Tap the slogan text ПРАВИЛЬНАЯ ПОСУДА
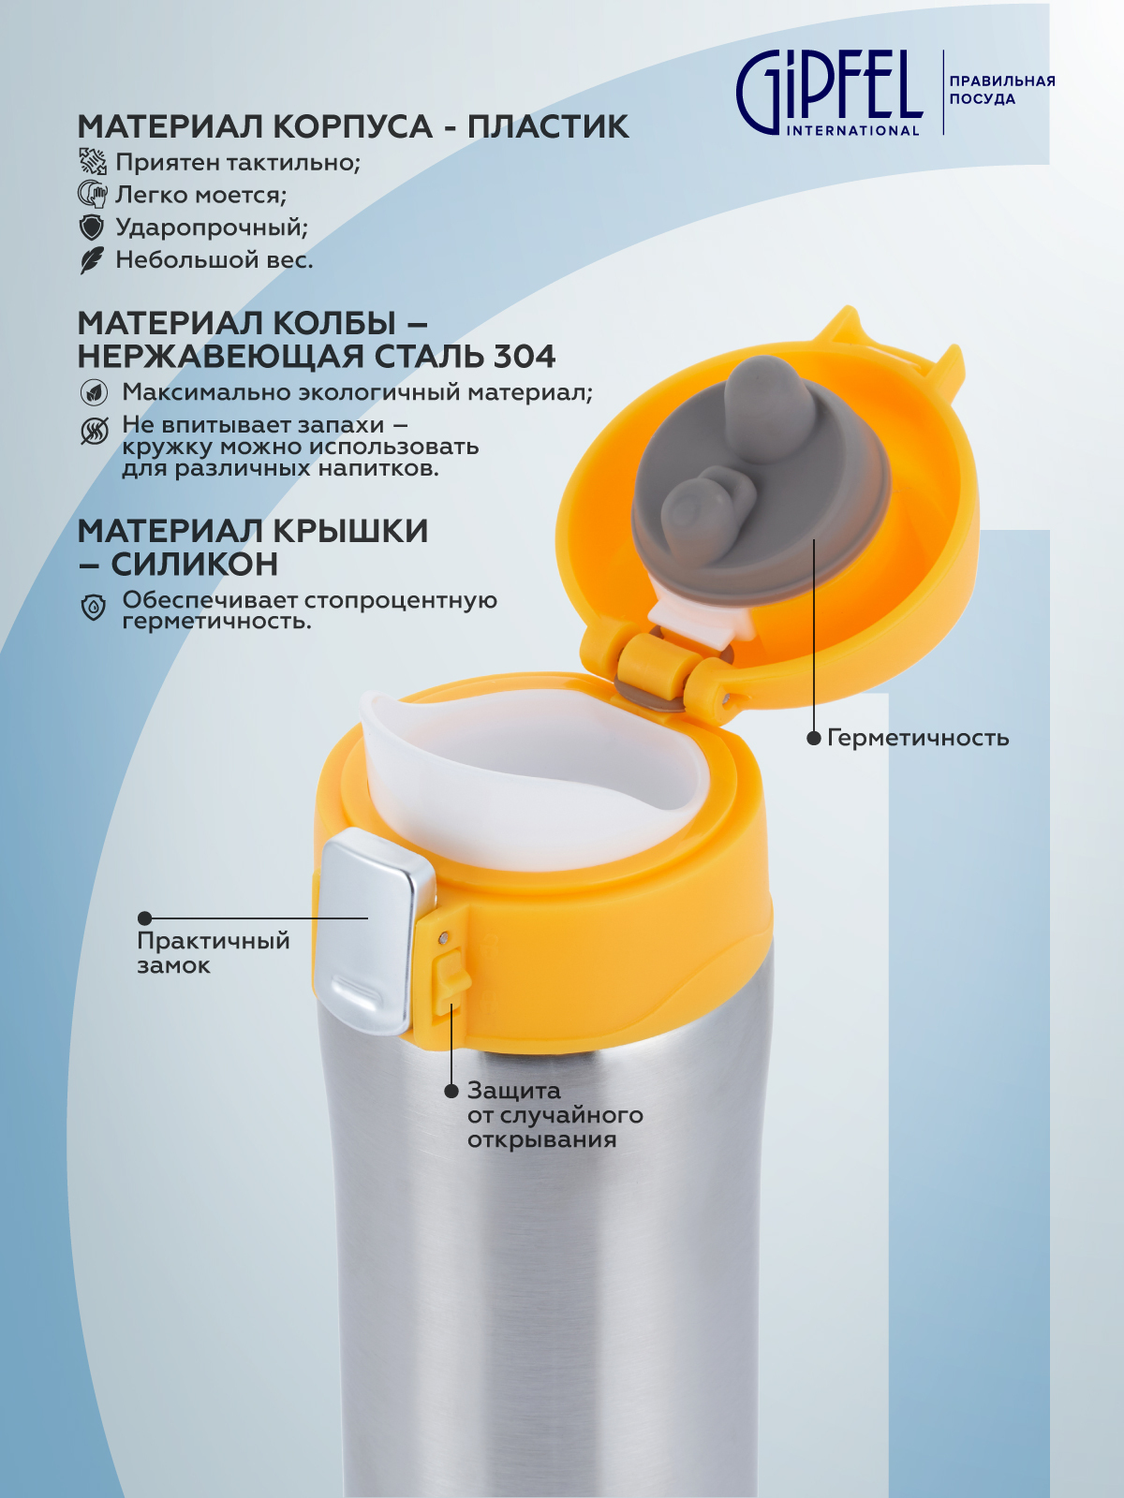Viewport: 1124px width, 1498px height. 1002,90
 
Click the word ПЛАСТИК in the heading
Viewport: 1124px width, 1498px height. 548,126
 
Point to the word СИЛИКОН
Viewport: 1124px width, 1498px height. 195,564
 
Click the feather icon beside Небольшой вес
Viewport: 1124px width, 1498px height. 92,260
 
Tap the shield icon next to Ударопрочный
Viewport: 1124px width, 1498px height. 92,228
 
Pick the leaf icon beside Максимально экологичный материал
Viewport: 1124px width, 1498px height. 94,392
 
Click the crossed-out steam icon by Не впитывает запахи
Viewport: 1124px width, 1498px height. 95,432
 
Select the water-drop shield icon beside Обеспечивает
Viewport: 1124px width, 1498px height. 94,607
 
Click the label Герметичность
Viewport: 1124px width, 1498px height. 918,738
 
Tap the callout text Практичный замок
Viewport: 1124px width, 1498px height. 214,953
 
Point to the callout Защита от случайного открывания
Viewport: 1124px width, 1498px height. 555,1114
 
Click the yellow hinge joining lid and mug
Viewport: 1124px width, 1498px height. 652,670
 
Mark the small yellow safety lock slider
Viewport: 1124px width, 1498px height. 450,979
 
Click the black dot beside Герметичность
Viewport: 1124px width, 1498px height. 813,738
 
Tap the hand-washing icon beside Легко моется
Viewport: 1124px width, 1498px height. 92,195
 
